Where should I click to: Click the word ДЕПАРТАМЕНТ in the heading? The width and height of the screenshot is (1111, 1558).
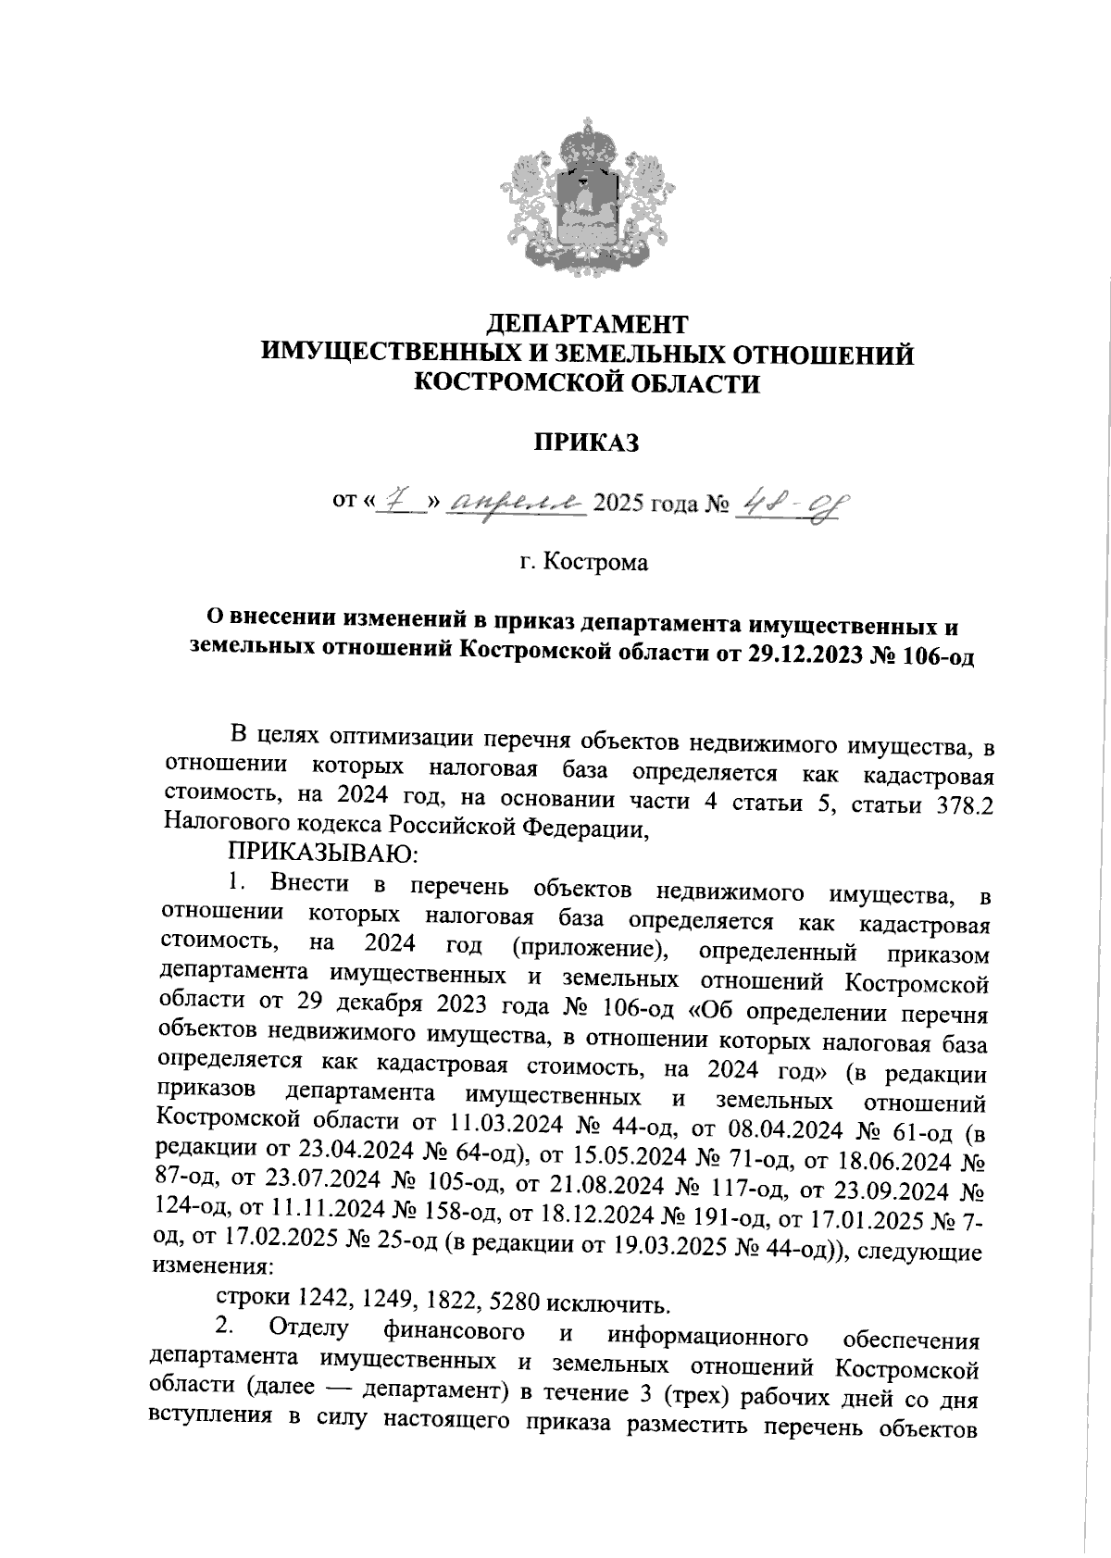pyautogui.click(x=588, y=324)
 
